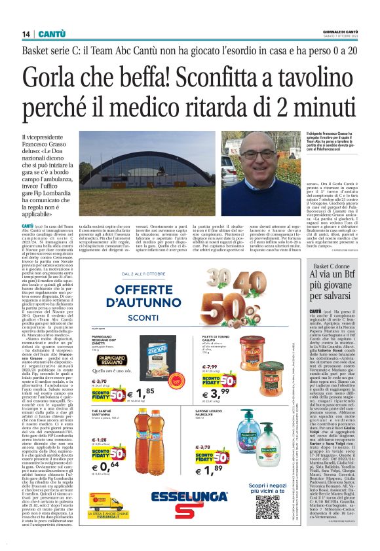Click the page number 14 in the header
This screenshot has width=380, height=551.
click(26, 33)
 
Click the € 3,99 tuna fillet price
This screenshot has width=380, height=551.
click(256, 373)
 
